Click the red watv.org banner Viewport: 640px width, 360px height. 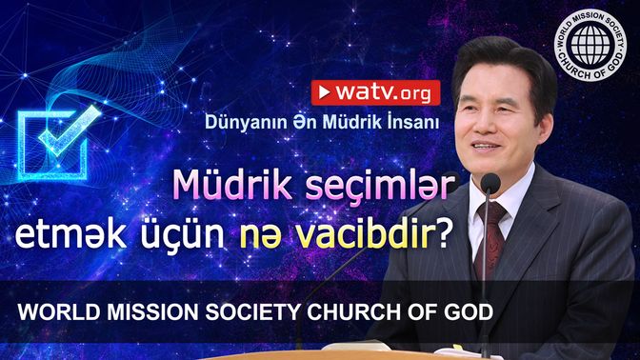tap(375, 93)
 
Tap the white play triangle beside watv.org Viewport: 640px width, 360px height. tap(325, 92)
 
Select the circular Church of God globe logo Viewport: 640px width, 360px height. tap(590, 45)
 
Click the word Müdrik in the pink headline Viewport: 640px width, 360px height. tap(234, 185)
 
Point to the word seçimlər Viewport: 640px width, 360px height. tap(380, 186)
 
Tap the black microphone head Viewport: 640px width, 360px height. tap(490, 183)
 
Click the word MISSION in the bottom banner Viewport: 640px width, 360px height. tap(152, 312)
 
